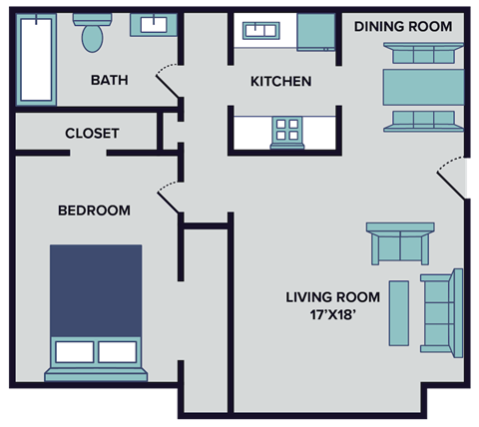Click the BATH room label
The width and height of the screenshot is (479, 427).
(108, 81)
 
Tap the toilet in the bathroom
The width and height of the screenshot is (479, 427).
(93, 34)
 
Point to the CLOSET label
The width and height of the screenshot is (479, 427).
(92, 133)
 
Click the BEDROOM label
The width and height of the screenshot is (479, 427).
(94, 211)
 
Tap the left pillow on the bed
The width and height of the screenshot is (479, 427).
(74, 352)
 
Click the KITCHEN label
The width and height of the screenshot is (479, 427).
(280, 81)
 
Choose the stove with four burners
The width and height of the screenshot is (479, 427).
(287, 130)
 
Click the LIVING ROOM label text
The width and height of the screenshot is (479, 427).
(332, 296)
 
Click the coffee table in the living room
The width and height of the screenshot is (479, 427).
(398, 313)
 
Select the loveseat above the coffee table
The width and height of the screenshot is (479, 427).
(399, 242)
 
